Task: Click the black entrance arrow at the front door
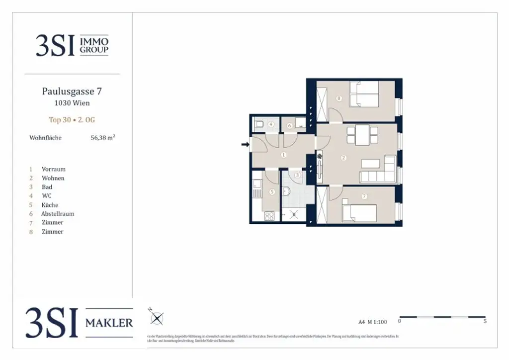tap(245, 145)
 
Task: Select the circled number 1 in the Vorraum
tap(284, 155)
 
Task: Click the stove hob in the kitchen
tap(269, 216)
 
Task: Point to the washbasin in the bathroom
tap(288, 191)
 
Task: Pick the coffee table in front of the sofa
tap(370, 164)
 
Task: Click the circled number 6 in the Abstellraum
tap(290, 126)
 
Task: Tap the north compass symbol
tap(157, 317)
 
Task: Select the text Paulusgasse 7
tap(72, 91)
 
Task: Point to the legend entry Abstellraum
tap(58, 214)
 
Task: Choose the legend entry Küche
tap(50, 205)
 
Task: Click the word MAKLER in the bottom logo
tap(109, 323)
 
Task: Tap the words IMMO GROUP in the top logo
tap(94, 46)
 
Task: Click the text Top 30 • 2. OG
tap(72, 120)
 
